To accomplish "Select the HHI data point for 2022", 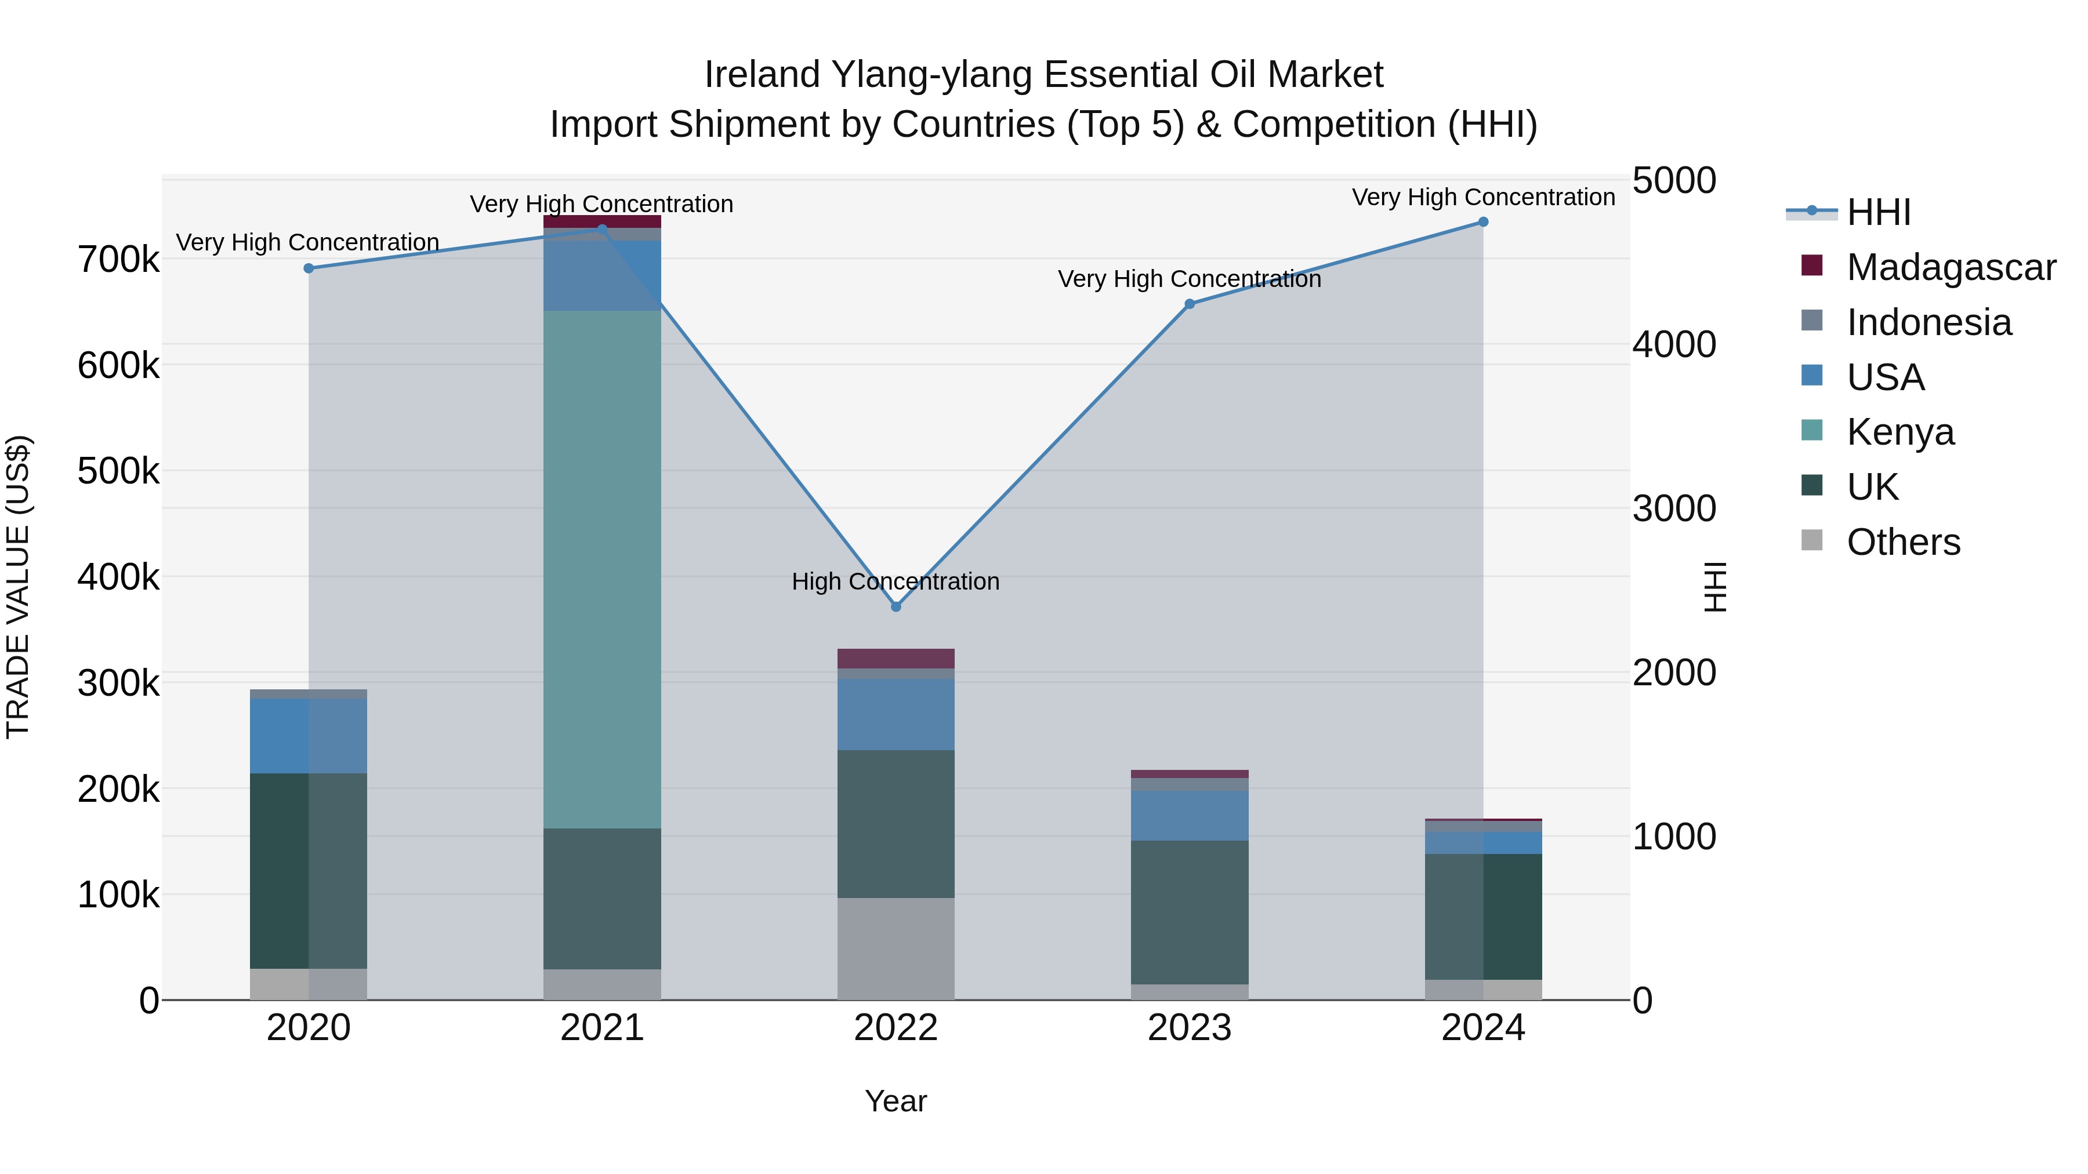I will click(896, 607).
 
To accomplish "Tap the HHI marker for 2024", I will click(1483, 222).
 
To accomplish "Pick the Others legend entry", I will click(1902, 542).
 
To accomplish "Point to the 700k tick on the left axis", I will click(118, 260).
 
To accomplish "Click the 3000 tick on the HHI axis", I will click(1674, 509).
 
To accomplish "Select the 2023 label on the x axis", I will click(1189, 1028).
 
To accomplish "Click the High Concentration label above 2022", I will click(896, 581).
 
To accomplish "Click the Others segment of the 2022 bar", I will click(896, 948).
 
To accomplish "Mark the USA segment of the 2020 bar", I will click(308, 736).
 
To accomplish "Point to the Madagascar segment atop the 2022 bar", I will click(896, 658).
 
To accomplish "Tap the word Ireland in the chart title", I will click(762, 75).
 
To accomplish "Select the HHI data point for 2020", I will click(309, 268).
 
